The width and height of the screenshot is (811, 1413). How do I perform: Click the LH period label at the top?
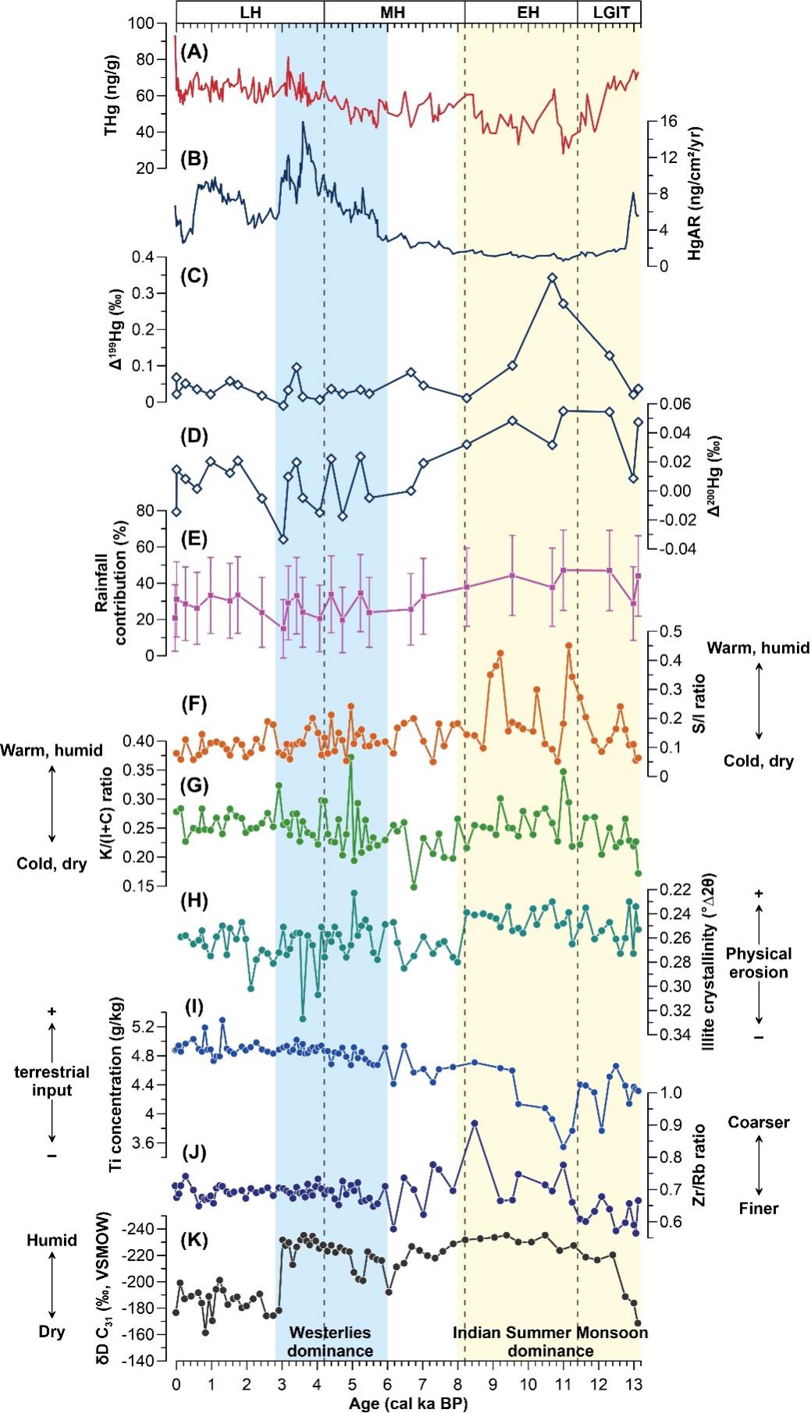pyautogui.click(x=250, y=12)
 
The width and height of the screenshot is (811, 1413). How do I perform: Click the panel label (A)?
pyautogui.click(x=194, y=52)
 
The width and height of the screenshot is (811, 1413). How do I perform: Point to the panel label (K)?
pyautogui.click(x=194, y=1239)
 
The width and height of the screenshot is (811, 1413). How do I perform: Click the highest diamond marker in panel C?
pyautogui.click(x=552, y=278)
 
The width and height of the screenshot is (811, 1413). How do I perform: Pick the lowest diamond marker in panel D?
pyautogui.click(x=283, y=539)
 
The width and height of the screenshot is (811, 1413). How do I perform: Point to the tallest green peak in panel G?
pyautogui.click(x=351, y=756)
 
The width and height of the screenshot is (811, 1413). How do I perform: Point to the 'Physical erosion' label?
pyautogui.click(x=757, y=963)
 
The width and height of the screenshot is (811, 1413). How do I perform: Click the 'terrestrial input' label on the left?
pyautogui.click(x=52, y=1081)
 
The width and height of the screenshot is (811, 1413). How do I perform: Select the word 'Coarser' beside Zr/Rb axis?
pyautogui.click(x=758, y=1122)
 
